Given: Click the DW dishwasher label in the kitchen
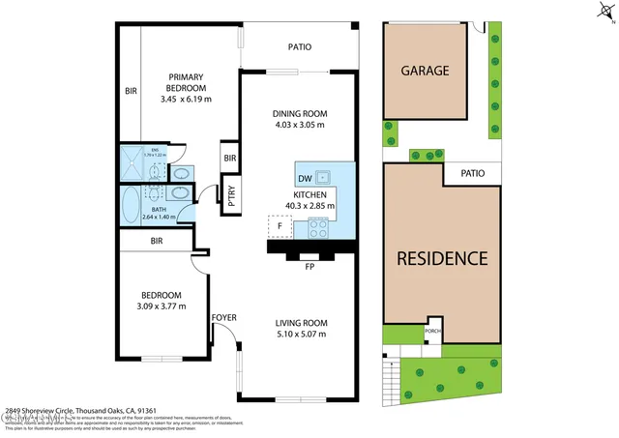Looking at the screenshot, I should point(305,179).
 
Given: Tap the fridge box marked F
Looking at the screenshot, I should point(280,226).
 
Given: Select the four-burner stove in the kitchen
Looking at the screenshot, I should point(318,228).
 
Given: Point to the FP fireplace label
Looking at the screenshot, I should point(309,265).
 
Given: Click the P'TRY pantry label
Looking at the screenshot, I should point(231,194).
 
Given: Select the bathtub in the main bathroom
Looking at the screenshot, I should point(131,204).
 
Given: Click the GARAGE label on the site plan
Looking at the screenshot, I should point(425,71).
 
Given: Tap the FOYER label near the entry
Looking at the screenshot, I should point(223,316).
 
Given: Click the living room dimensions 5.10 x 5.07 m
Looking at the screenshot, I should point(299,335).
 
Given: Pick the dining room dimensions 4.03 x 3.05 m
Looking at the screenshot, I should point(299,124).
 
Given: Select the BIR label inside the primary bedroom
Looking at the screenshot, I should point(131,92).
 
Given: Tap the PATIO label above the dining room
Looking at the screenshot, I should point(299,45).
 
